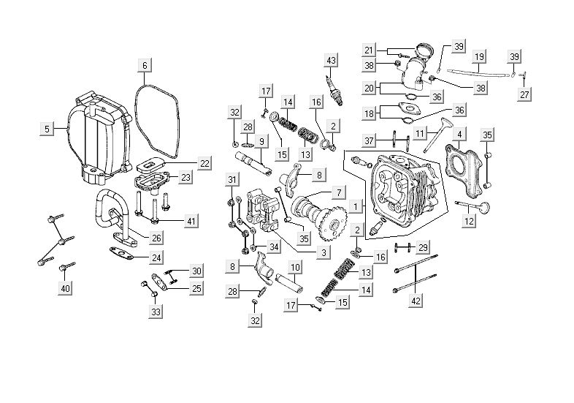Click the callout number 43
point(332,59)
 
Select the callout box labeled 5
point(47,129)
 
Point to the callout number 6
point(145,66)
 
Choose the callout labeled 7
point(338,192)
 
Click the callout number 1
point(354,206)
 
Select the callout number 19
point(479,56)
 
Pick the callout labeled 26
point(156,238)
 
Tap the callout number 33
point(156,312)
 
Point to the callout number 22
point(204,162)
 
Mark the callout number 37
point(370,140)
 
